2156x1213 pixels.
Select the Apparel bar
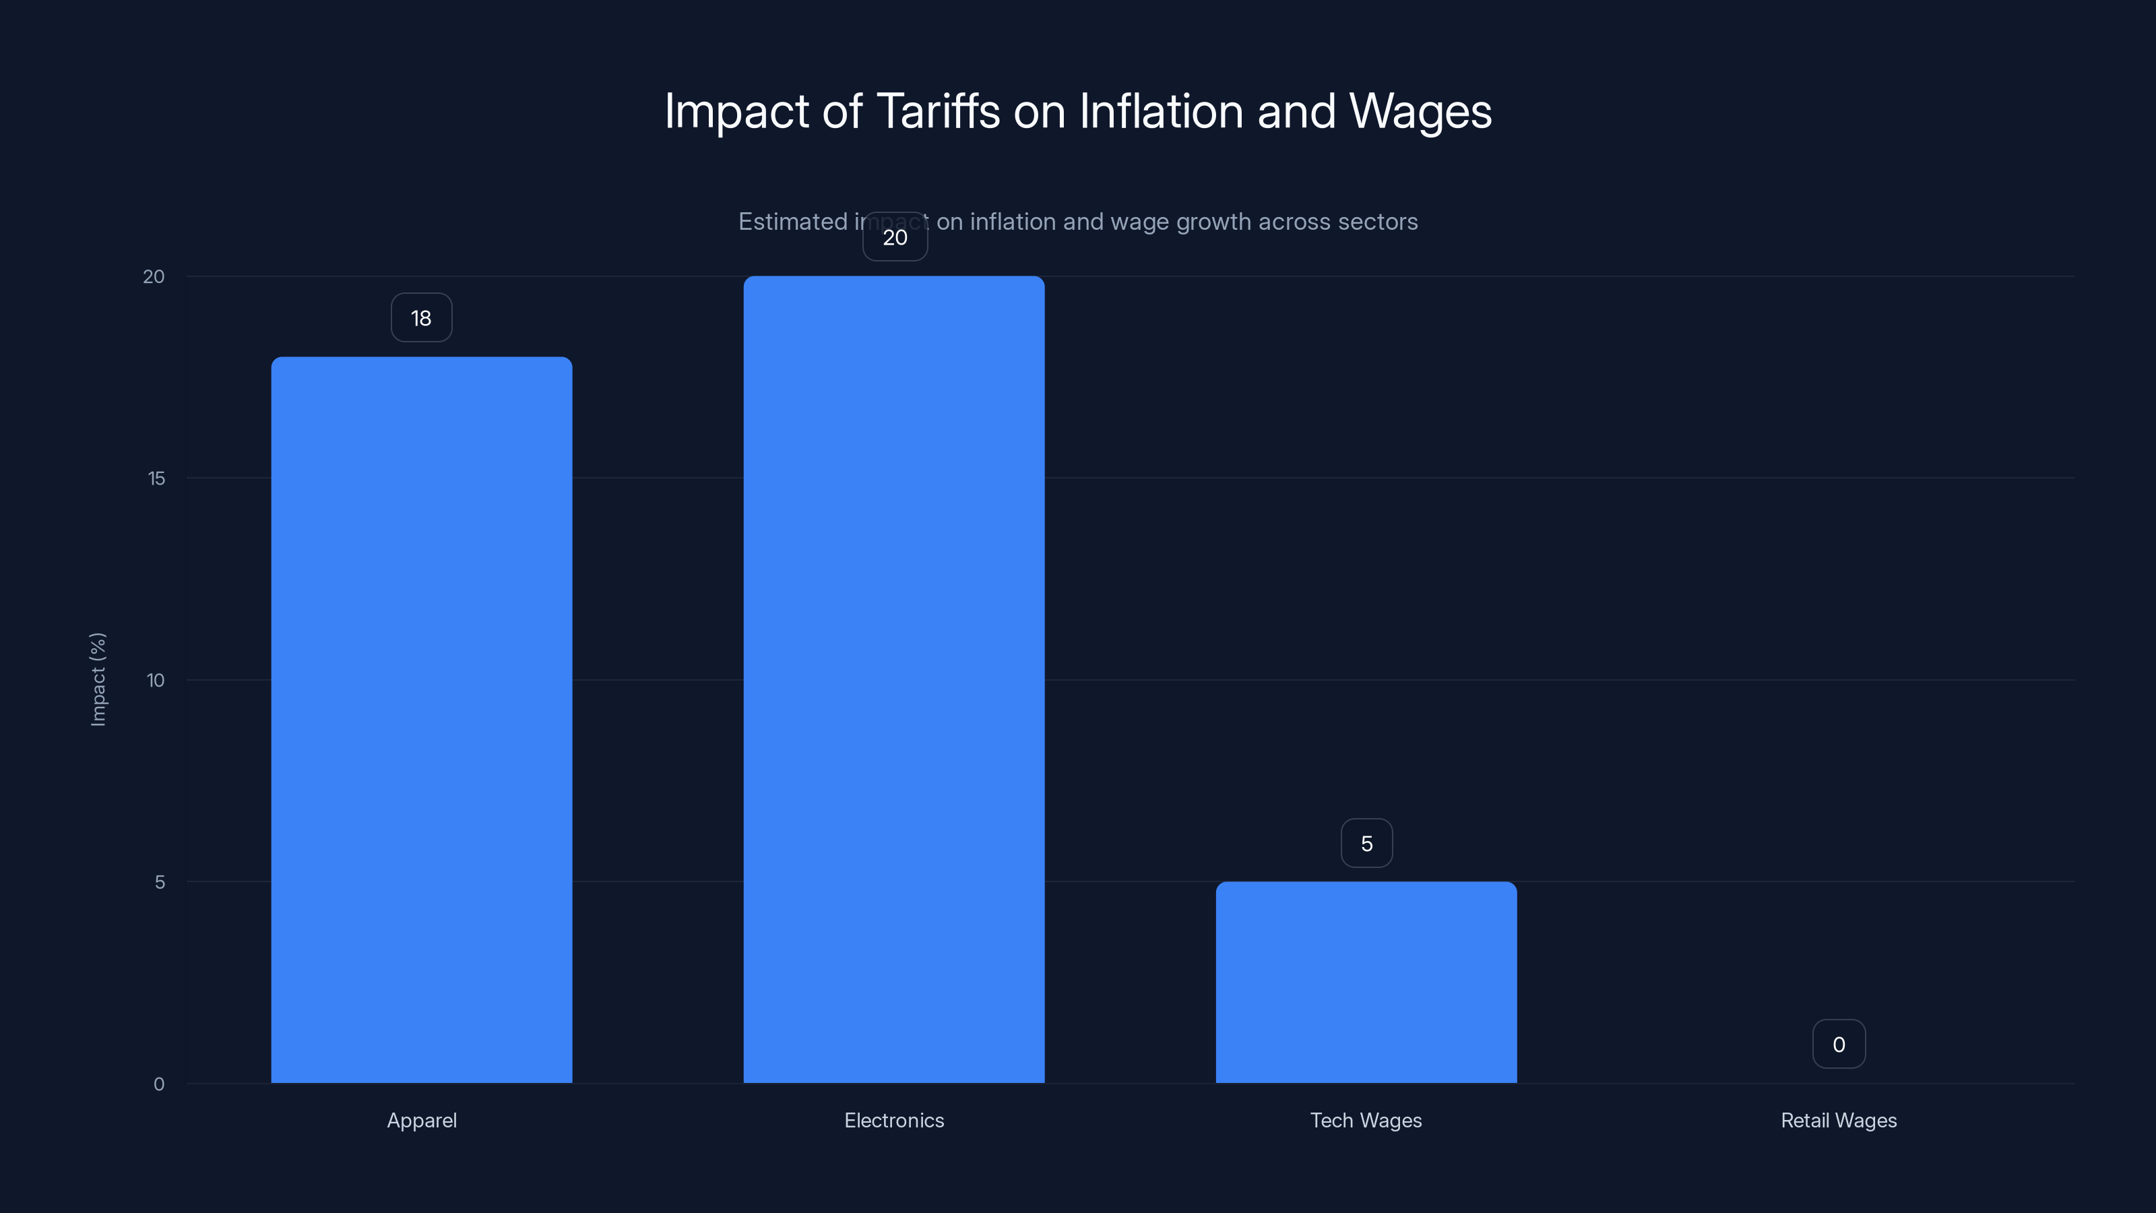[x=421, y=720]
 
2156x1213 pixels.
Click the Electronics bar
[x=894, y=679]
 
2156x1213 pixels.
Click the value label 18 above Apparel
[x=421, y=318]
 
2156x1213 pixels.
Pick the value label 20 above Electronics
[x=895, y=237]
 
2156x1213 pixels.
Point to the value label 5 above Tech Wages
[x=1367, y=844]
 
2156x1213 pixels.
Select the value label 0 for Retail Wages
[x=1839, y=1045]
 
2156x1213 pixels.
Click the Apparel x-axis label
[x=422, y=1120]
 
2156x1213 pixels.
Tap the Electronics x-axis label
[x=894, y=1120]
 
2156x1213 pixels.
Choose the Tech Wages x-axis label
[x=1366, y=1120]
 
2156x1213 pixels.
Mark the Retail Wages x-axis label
[x=1839, y=1120]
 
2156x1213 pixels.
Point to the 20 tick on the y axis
[x=154, y=276]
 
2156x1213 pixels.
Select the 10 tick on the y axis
[x=156, y=680]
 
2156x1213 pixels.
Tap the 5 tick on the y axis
[x=159, y=881]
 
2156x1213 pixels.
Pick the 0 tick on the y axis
[x=159, y=1084]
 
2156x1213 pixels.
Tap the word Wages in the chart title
[x=1420, y=111]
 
